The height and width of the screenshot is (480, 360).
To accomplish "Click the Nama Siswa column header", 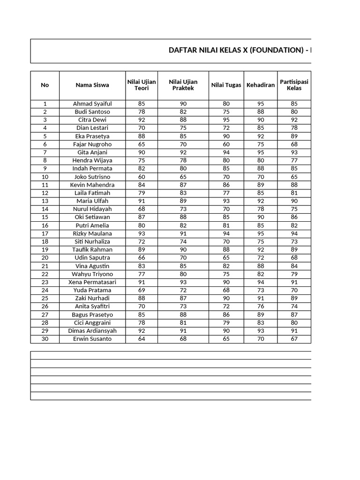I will point(92,85).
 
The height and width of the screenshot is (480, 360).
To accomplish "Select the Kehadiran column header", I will point(261,85).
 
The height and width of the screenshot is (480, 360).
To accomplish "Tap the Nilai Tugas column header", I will point(226,85).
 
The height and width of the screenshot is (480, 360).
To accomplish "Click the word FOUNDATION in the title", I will point(277,51).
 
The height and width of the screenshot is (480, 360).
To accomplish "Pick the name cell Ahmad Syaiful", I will point(92,104).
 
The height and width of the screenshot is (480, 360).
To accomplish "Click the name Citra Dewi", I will point(92,120).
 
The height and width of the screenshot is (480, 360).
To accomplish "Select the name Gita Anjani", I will point(92,152).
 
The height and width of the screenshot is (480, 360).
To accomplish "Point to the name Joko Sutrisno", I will point(92,177).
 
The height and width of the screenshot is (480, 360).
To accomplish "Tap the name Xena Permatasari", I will point(92,282).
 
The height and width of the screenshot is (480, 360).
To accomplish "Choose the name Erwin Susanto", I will point(92,339).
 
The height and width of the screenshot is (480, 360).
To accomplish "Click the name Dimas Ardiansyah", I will point(92,331).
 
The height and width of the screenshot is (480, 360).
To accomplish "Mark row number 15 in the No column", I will point(45,217).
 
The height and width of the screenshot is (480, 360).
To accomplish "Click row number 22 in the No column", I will point(45,274).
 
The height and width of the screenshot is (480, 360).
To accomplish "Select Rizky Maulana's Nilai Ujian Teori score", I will point(142,233).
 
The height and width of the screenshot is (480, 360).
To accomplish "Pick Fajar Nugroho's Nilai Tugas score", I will point(226,144).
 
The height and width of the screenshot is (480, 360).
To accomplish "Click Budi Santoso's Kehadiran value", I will point(261,112).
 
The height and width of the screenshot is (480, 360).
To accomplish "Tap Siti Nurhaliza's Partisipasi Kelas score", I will point(294,241).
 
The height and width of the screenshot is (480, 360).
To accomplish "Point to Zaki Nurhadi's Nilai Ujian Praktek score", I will point(183,299).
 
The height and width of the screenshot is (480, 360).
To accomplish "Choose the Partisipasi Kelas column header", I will point(294,85).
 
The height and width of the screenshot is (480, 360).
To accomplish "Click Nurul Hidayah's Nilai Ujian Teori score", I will point(142,209).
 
